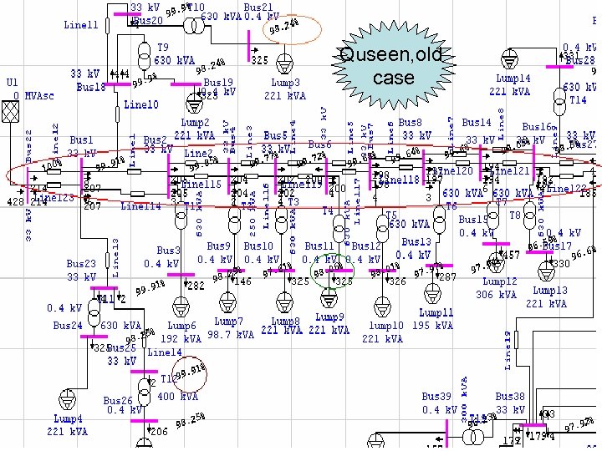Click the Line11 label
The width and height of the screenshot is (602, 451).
pos(81,25)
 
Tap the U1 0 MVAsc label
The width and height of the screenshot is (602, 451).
pos(29,89)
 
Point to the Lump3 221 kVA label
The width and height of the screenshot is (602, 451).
pos(285,89)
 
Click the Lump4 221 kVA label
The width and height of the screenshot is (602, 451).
pos(68,424)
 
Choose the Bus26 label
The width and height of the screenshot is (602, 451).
pos(118,401)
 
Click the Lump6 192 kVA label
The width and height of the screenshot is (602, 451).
pos(181,332)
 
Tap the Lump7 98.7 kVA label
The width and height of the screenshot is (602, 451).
pos(231,327)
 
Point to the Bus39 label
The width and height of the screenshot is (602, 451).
pos(436,396)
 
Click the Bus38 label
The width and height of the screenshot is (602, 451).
pos(510,396)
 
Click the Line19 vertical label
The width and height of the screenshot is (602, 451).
pos(508,350)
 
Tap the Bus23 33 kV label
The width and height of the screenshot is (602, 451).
pos(82,270)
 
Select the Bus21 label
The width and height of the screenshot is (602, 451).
pos(258,7)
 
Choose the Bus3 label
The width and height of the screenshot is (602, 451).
pos(169,251)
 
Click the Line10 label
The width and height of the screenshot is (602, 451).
pos(140,105)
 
